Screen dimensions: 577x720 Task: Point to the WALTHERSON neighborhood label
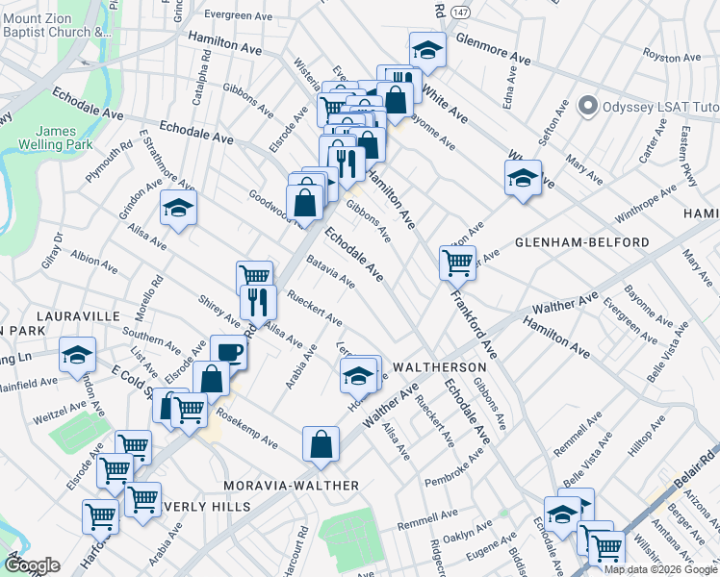[437, 367]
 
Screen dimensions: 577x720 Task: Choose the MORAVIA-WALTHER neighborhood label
[292, 486]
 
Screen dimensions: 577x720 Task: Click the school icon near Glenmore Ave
[427, 50]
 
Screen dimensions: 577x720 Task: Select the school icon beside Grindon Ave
[178, 209]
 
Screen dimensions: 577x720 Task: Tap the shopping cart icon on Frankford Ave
[457, 261]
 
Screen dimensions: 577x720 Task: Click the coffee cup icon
[228, 352]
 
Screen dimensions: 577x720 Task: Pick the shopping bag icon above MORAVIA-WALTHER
[321, 444]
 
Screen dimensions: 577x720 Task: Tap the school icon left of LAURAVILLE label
[77, 355]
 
